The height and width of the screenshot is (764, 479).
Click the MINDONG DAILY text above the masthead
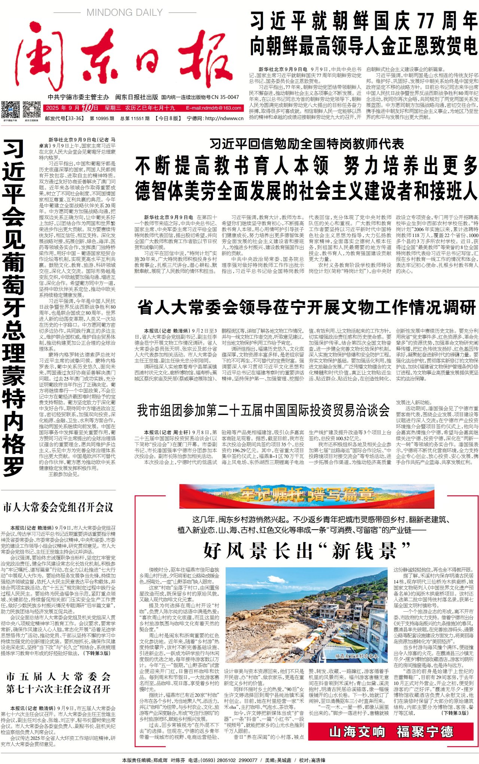click(x=125, y=13)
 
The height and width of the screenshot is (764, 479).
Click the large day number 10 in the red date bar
click(x=87, y=108)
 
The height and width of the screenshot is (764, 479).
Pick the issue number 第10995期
click(x=102, y=118)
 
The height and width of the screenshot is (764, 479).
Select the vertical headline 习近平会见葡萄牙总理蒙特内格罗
click(x=14, y=307)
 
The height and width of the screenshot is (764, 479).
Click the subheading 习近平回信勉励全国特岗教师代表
click(x=306, y=144)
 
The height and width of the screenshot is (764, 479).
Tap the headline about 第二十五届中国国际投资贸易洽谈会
click(x=263, y=411)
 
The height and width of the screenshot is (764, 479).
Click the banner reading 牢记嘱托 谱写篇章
click(x=306, y=495)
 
